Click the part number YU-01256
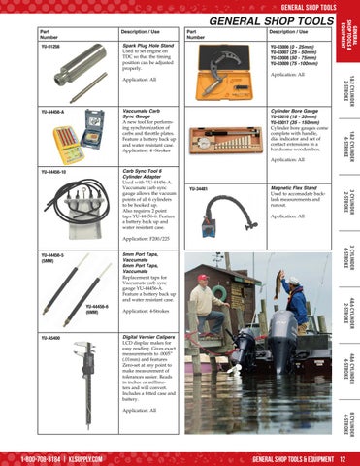51,45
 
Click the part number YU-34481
198,189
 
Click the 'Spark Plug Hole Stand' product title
148,45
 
